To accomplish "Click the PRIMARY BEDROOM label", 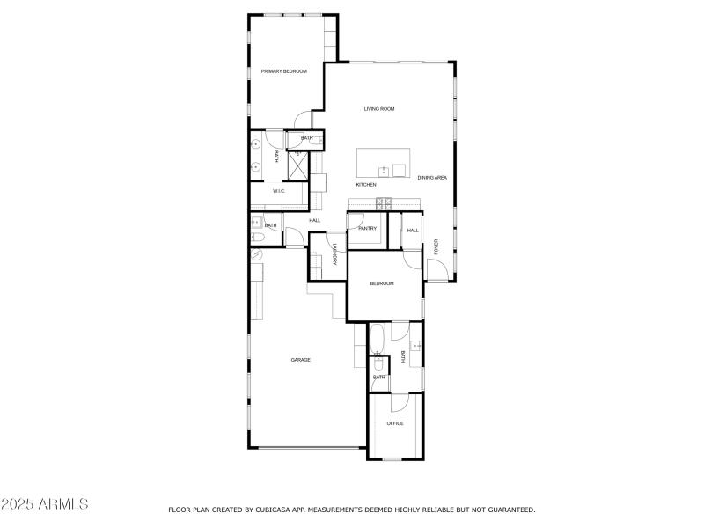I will point(283,71).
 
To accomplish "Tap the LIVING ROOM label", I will point(379,109).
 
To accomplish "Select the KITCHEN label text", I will point(366,185).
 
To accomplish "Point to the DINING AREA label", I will point(432,178).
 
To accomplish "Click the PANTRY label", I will point(367,229).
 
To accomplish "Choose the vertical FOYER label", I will point(435,246).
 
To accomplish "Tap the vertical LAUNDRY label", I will point(334,254).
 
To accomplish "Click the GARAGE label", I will point(300,360).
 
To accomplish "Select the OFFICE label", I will point(395,423).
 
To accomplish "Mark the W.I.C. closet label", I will point(278,191).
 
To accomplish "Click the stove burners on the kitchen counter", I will point(384,204).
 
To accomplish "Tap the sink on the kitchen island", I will point(384,170).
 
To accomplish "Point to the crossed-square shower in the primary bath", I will point(297,165).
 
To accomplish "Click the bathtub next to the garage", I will point(378,339).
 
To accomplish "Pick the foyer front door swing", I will point(437,269).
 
